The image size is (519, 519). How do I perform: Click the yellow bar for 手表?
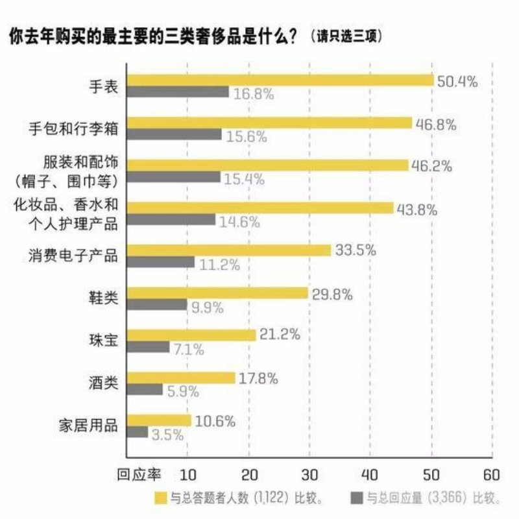280,80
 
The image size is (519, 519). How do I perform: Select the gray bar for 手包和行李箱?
175,134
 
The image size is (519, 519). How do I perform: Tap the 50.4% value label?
457,82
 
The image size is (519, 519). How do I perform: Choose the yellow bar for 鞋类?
217,293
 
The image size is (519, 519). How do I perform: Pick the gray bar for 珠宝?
148,348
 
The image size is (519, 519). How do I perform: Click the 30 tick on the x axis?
309,472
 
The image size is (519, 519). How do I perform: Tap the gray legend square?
356,498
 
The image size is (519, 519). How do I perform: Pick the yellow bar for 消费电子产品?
229,250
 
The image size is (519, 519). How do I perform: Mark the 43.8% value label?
415,209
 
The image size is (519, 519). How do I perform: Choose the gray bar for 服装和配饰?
174,176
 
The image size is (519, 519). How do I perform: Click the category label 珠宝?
104,341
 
